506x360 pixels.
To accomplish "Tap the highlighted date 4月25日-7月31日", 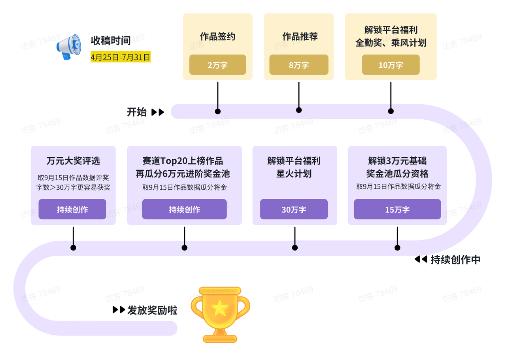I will click(x=121, y=57).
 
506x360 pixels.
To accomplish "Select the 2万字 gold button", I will click(x=217, y=65).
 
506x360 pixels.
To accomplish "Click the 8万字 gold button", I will click(x=299, y=65).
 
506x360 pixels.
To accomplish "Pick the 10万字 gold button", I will click(x=391, y=65).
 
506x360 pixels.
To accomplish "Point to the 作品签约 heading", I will click(x=217, y=37).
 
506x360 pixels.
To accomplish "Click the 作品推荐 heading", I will click(x=300, y=37).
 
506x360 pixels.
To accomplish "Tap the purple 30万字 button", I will click(x=294, y=209).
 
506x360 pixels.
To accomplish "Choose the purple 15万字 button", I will click(x=397, y=209).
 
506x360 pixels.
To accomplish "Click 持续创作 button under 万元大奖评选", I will click(x=72, y=209).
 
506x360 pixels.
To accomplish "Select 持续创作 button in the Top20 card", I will click(x=185, y=209).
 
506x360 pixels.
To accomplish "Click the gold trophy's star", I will click(x=219, y=308).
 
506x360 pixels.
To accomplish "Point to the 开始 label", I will click(x=137, y=112).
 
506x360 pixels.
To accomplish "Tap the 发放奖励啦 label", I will click(x=152, y=310).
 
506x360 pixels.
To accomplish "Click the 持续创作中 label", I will click(x=455, y=260).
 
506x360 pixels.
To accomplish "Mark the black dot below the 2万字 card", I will click(x=217, y=111).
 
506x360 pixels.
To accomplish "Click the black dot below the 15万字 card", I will click(x=397, y=248).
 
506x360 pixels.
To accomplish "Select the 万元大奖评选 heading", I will click(x=73, y=161).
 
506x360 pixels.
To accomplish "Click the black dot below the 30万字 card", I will click(x=295, y=248).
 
